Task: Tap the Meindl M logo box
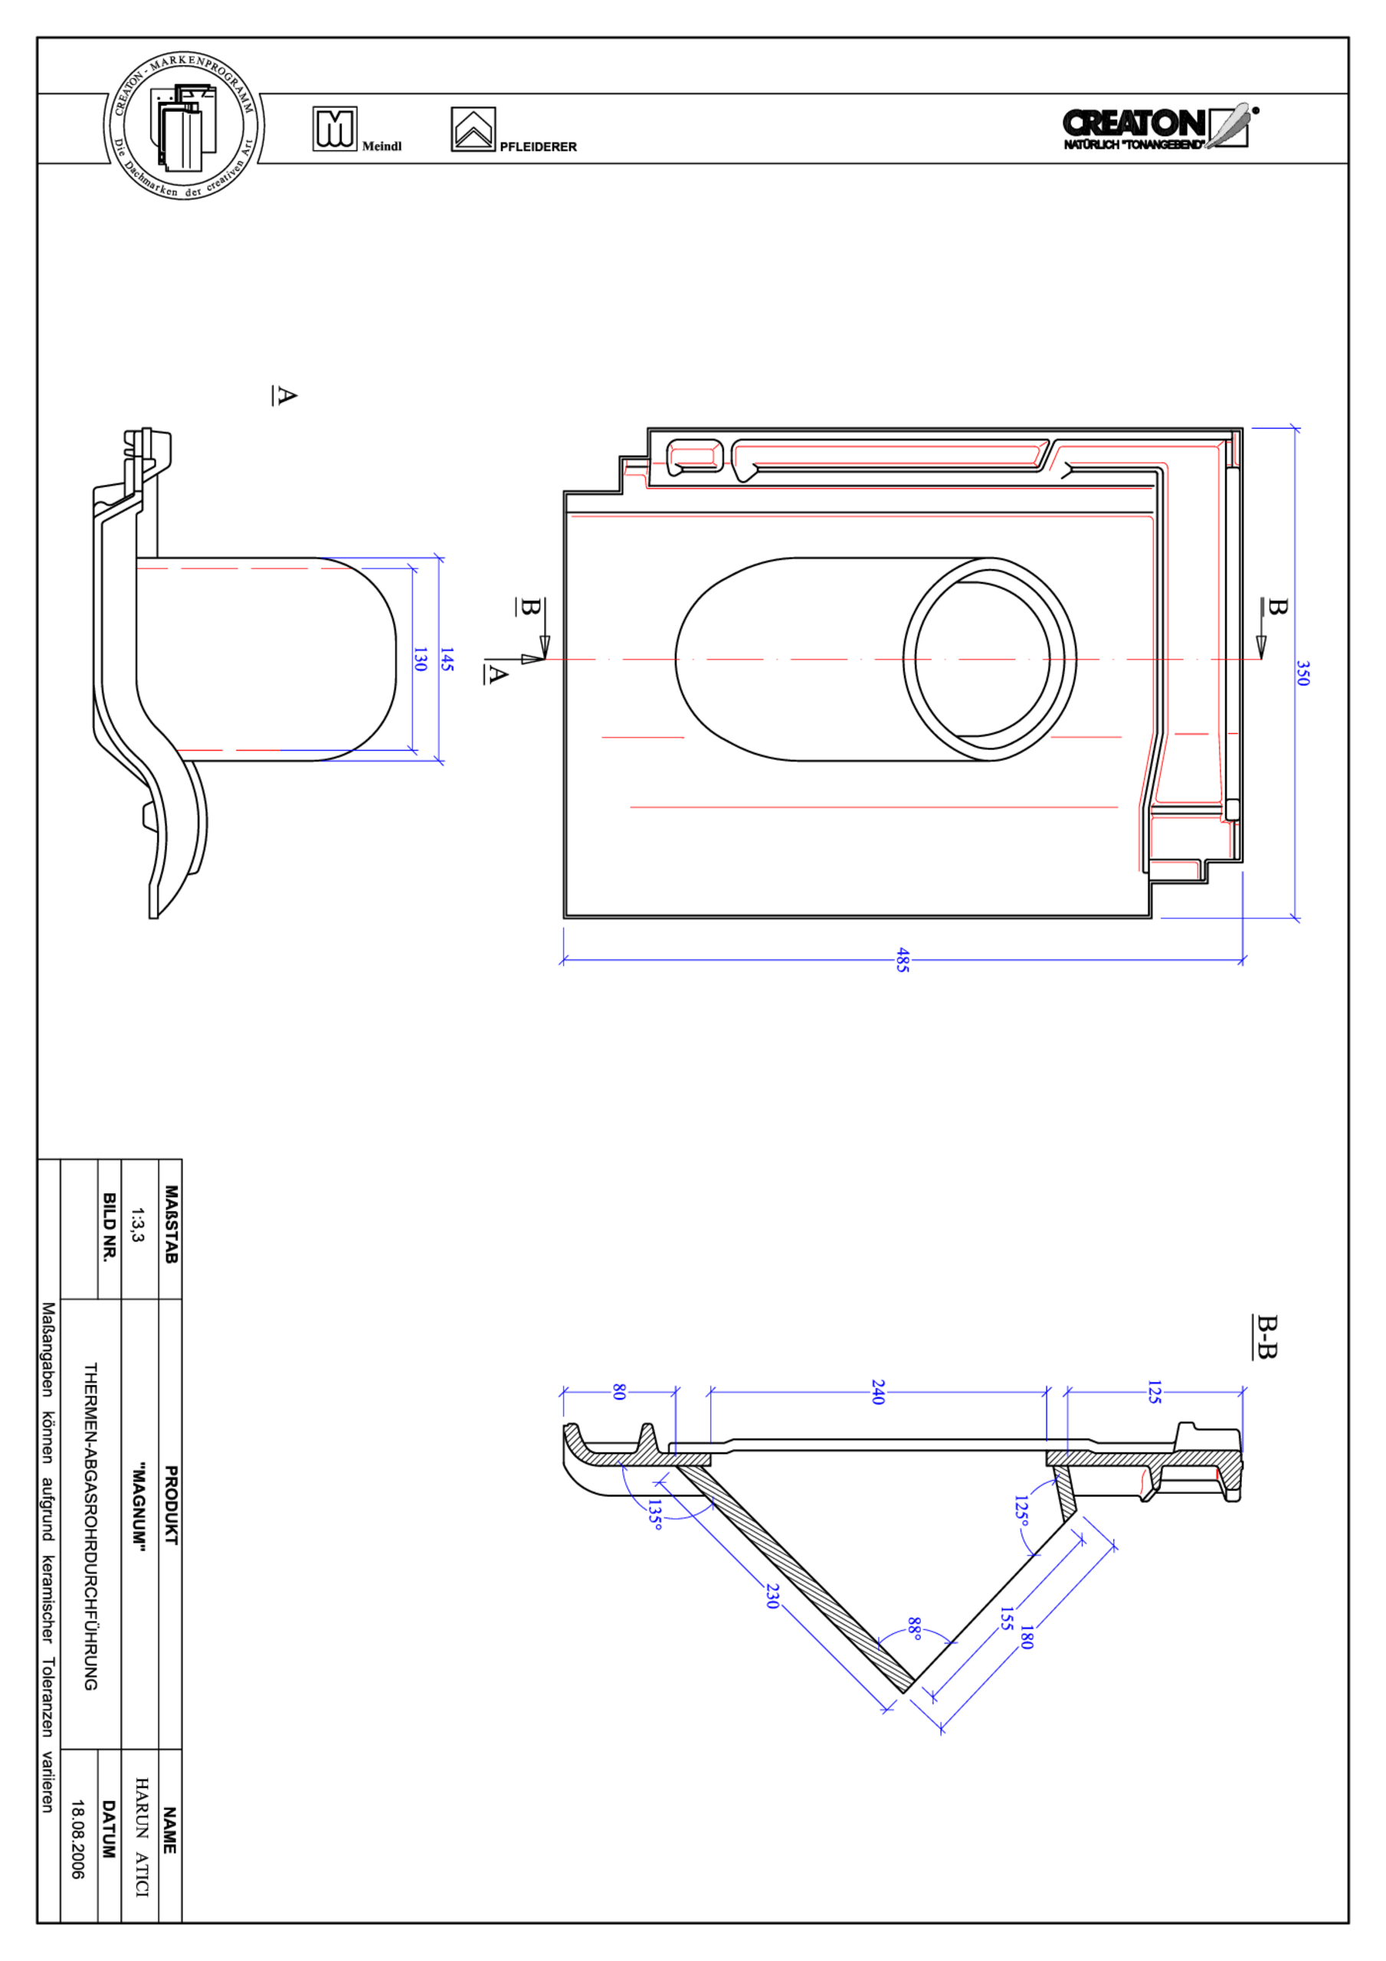pyautogui.click(x=335, y=129)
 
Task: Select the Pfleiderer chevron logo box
pyautogui.click(x=473, y=129)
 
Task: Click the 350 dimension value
pyautogui.click(x=1302, y=673)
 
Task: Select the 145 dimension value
pyautogui.click(x=446, y=659)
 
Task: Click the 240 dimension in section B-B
pyautogui.click(x=877, y=1391)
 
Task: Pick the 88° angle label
pyautogui.click(x=914, y=1628)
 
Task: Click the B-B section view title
pyautogui.click(x=1266, y=1337)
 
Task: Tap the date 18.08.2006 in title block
pyautogui.click(x=77, y=1839)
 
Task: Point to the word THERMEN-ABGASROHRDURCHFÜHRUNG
pyautogui.click(x=90, y=1525)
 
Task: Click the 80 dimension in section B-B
pyautogui.click(x=620, y=1392)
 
